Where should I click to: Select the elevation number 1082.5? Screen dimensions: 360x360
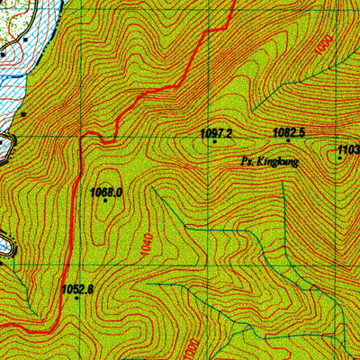[289, 131]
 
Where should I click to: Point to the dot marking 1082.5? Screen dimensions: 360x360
[288, 140]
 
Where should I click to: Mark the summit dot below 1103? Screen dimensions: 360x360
[340, 157]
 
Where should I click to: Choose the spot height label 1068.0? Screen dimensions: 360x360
[105, 191]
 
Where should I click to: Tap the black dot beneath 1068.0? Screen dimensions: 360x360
[105, 201]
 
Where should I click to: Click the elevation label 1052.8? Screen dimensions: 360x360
[77, 289]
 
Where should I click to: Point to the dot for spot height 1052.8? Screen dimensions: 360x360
[77, 298]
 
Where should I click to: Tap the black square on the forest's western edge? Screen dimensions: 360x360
[22, 114]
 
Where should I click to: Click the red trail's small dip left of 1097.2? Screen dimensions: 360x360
[107, 140]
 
